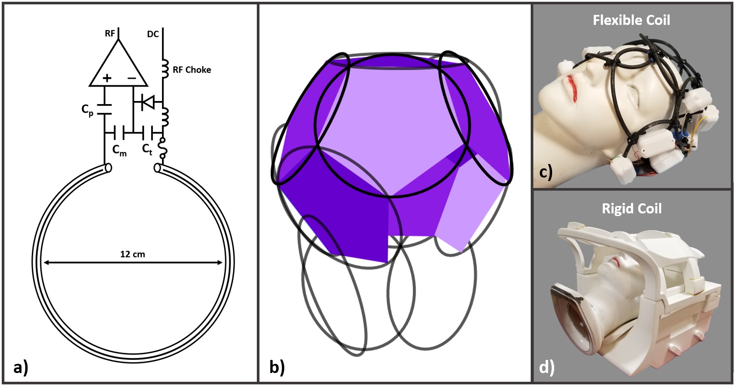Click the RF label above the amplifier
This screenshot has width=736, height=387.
coord(110,34)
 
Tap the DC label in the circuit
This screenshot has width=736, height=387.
coord(153,34)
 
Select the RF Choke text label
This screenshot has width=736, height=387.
coord(192,70)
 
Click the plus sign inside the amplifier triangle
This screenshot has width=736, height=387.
coord(107,78)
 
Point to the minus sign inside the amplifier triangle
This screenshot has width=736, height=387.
coord(131,78)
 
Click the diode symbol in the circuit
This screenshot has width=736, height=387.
coord(148,103)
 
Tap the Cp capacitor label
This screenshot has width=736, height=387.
coord(87,110)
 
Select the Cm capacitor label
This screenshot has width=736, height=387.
coord(119,150)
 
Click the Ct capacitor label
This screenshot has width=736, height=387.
coord(147,149)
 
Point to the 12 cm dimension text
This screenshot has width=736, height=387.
coord(132,254)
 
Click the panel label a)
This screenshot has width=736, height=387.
coord(21,367)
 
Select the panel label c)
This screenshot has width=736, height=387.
coord(546,172)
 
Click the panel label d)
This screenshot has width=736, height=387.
coord(546,367)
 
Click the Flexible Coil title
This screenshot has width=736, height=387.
coord(631,20)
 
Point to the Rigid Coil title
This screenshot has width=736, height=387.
coord(632,209)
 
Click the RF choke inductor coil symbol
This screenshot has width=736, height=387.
coord(165,69)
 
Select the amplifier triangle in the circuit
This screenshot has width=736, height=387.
coord(118,66)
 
